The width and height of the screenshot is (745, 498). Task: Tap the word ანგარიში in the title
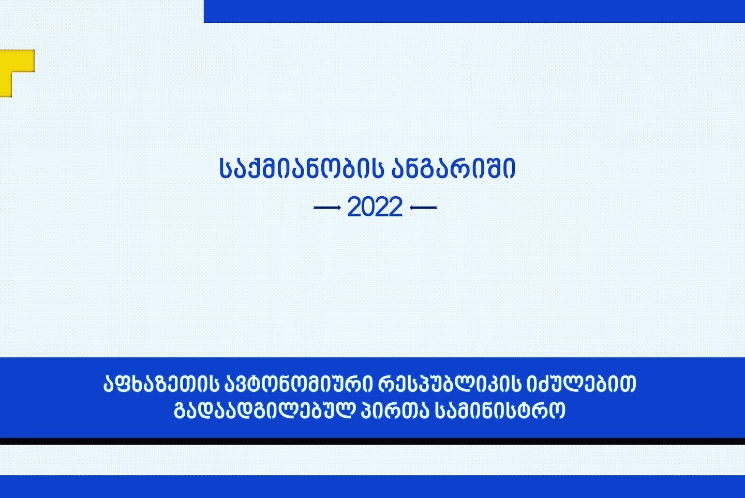point(453,168)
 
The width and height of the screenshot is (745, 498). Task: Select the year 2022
point(375,207)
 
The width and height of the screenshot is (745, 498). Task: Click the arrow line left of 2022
point(327,208)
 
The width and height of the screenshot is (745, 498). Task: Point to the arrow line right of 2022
point(423,208)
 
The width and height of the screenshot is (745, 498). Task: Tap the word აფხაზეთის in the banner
point(161,384)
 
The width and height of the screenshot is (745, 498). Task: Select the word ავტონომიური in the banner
point(299,384)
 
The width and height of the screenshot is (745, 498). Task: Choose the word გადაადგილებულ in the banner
point(263,411)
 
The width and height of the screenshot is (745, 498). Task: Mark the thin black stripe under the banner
point(373,441)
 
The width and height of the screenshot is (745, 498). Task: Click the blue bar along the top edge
point(474,11)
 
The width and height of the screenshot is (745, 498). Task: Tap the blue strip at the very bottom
point(373,487)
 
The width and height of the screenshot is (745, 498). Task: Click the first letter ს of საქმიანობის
point(225,168)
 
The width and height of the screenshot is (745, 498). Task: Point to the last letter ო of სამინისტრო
point(558,412)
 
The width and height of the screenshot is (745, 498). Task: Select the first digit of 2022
point(354,207)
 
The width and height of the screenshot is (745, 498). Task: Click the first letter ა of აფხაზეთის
point(110,384)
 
